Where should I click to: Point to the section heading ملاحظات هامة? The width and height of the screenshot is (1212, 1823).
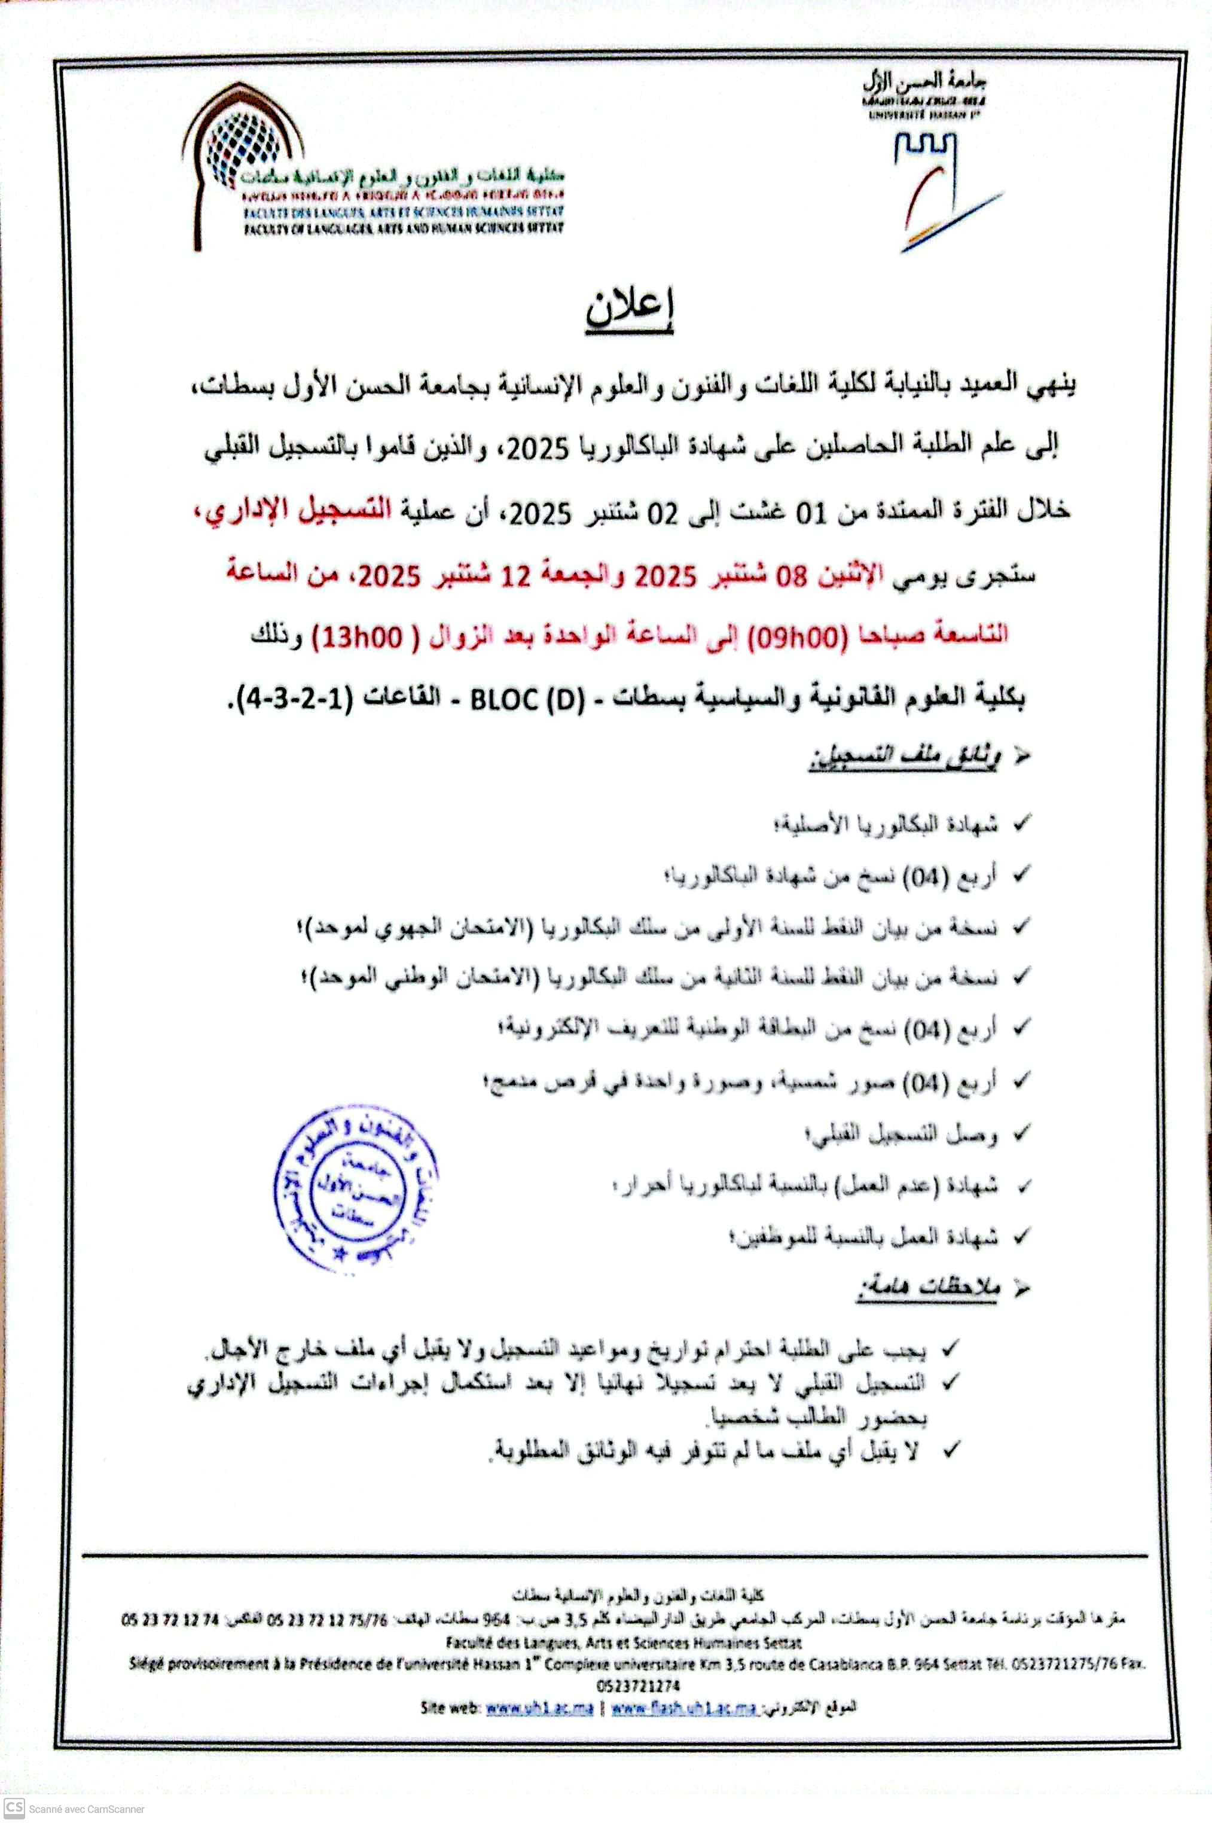pos(927,1287)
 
